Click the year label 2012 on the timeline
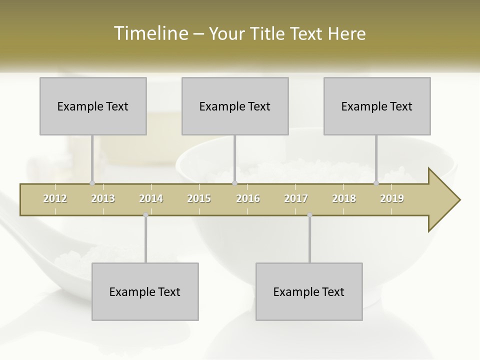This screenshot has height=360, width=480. point(55,198)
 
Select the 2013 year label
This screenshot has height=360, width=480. point(103,198)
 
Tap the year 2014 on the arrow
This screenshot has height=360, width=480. point(151,198)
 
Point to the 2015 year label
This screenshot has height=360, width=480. point(199,198)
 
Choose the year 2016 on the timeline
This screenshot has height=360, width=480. point(248,198)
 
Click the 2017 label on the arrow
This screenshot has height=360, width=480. point(296,198)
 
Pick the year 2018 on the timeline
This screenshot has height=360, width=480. point(344,198)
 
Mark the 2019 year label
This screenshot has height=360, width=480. point(392,198)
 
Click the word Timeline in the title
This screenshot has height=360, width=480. point(150,33)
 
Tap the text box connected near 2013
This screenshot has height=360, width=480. point(93,106)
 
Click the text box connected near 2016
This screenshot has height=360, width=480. point(235,106)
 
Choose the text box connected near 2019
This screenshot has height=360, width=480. point(377,106)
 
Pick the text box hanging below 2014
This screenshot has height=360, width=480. point(145,291)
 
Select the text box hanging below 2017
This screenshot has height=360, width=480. point(309,291)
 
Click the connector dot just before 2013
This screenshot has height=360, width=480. point(92,183)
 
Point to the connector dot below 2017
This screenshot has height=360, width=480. point(309,215)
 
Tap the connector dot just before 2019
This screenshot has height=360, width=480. point(376,183)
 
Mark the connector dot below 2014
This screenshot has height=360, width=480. point(145,215)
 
